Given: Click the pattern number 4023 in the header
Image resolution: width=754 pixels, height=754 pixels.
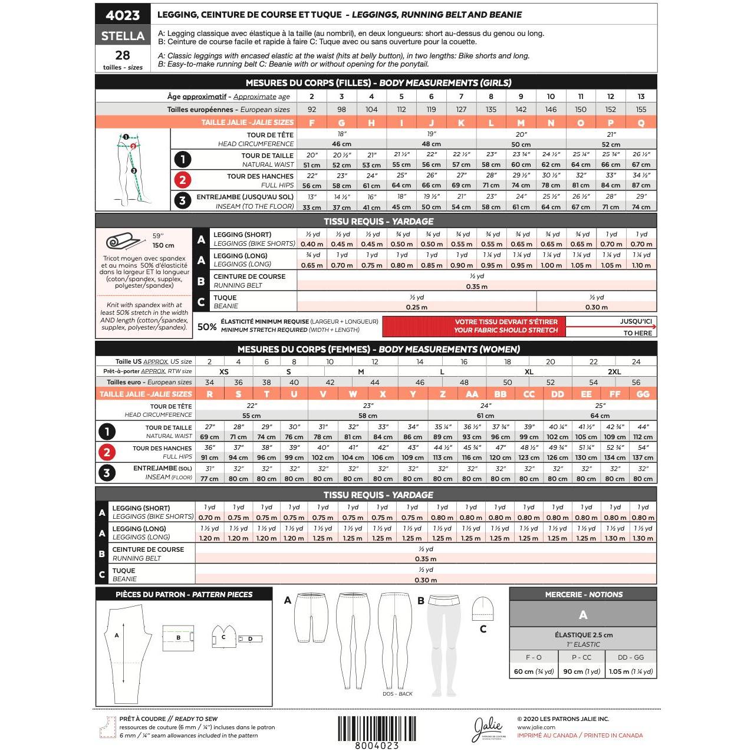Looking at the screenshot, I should point(123,15).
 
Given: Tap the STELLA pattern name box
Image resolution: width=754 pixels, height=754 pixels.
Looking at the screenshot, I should point(123,36).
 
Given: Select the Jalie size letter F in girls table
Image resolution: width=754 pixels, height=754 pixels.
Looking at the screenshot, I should point(312,123).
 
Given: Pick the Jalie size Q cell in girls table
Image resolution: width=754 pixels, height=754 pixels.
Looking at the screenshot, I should point(641,123).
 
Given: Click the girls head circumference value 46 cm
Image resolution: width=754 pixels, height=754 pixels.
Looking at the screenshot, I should point(341,144).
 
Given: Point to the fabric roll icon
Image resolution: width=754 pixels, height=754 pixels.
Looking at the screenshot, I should point(123,242).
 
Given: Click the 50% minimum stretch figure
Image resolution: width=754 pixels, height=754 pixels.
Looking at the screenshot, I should point(206,327).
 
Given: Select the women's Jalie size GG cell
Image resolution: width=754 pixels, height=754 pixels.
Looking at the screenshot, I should point(643,394).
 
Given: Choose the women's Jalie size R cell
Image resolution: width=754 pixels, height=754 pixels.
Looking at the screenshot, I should point(209,394).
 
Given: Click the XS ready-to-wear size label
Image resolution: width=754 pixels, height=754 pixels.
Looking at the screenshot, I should point(224,372).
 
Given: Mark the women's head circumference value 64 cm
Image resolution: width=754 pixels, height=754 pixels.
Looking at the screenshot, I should point(600,416).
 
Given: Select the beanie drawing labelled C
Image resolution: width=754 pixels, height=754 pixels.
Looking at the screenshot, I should point(482,609).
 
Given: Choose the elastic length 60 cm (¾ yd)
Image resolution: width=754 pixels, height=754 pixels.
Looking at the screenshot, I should point(534,671).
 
